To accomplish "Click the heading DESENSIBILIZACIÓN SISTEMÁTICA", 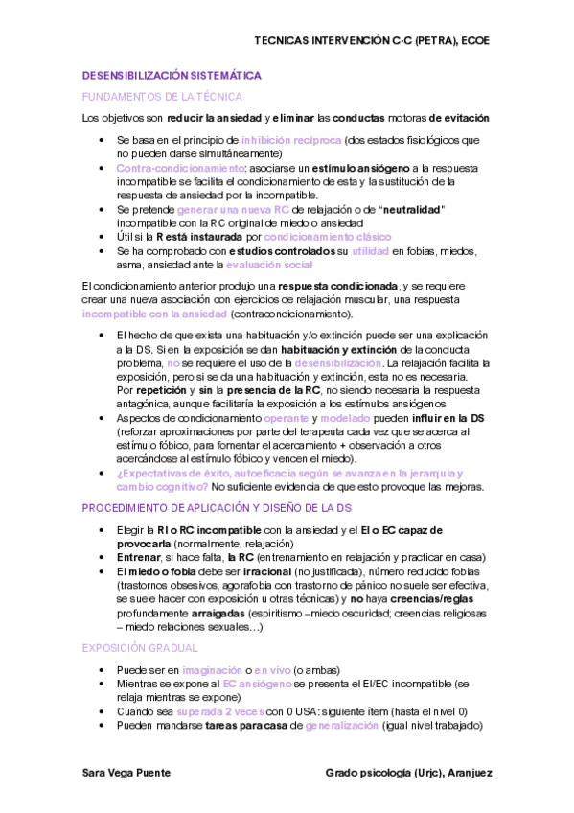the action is [172, 75].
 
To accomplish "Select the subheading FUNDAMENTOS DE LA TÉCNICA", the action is [162, 97].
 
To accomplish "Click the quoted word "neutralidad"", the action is [412, 209].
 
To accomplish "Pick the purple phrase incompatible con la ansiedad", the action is [154, 314].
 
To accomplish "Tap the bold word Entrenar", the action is [138, 557].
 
